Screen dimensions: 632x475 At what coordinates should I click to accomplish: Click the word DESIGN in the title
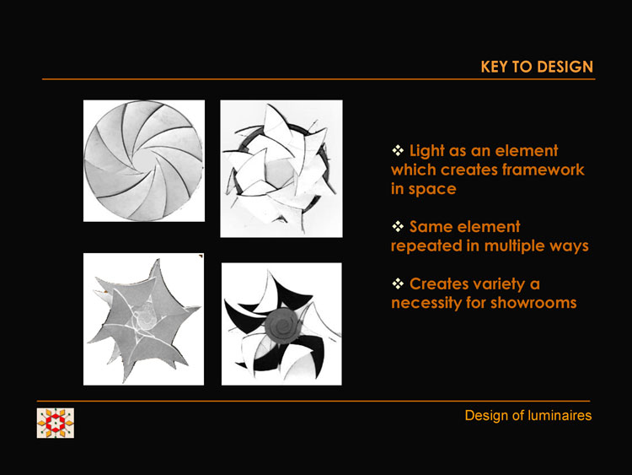tap(565, 67)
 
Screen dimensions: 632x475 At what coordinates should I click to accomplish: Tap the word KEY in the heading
tap(495, 67)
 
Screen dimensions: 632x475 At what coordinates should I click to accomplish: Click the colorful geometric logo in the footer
tap(56, 423)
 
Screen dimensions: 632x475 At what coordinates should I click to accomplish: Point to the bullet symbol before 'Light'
tap(398, 150)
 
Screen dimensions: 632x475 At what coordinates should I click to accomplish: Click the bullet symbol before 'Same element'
tap(398, 226)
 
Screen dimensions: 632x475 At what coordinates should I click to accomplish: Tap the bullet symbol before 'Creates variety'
tap(398, 283)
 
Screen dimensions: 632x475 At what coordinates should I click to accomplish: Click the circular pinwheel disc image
tap(144, 160)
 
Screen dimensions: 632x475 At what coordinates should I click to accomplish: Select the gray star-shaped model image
tap(143, 319)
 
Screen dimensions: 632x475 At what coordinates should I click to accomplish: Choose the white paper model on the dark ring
tap(281, 169)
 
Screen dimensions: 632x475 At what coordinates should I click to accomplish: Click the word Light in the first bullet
tap(426, 151)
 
